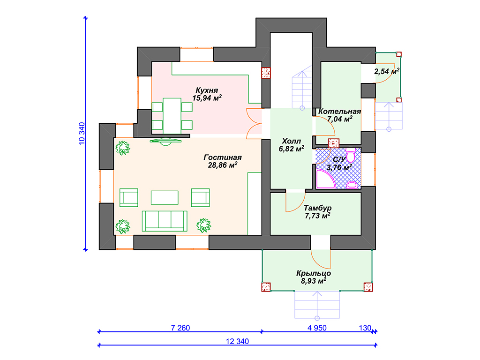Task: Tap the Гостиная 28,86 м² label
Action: (x=223, y=161)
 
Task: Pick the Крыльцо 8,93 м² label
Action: (x=314, y=277)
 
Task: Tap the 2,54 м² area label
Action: (x=387, y=71)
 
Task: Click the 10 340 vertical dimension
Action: (x=82, y=134)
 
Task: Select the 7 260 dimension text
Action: (x=180, y=328)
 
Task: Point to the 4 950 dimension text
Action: (x=317, y=328)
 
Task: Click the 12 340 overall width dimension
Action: (x=237, y=341)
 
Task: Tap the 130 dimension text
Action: (x=365, y=328)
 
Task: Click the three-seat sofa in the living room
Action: (x=165, y=221)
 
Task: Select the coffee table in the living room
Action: (x=165, y=197)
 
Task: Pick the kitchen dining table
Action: (x=172, y=116)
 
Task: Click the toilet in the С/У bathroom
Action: (x=351, y=155)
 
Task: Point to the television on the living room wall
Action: (x=165, y=142)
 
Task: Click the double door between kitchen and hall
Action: (x=254, y=124)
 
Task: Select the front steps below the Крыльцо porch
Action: (x=317, y=305)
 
